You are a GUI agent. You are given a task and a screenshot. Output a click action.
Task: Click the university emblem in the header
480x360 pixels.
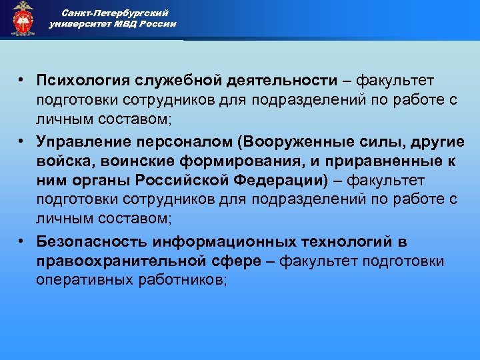23,19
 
